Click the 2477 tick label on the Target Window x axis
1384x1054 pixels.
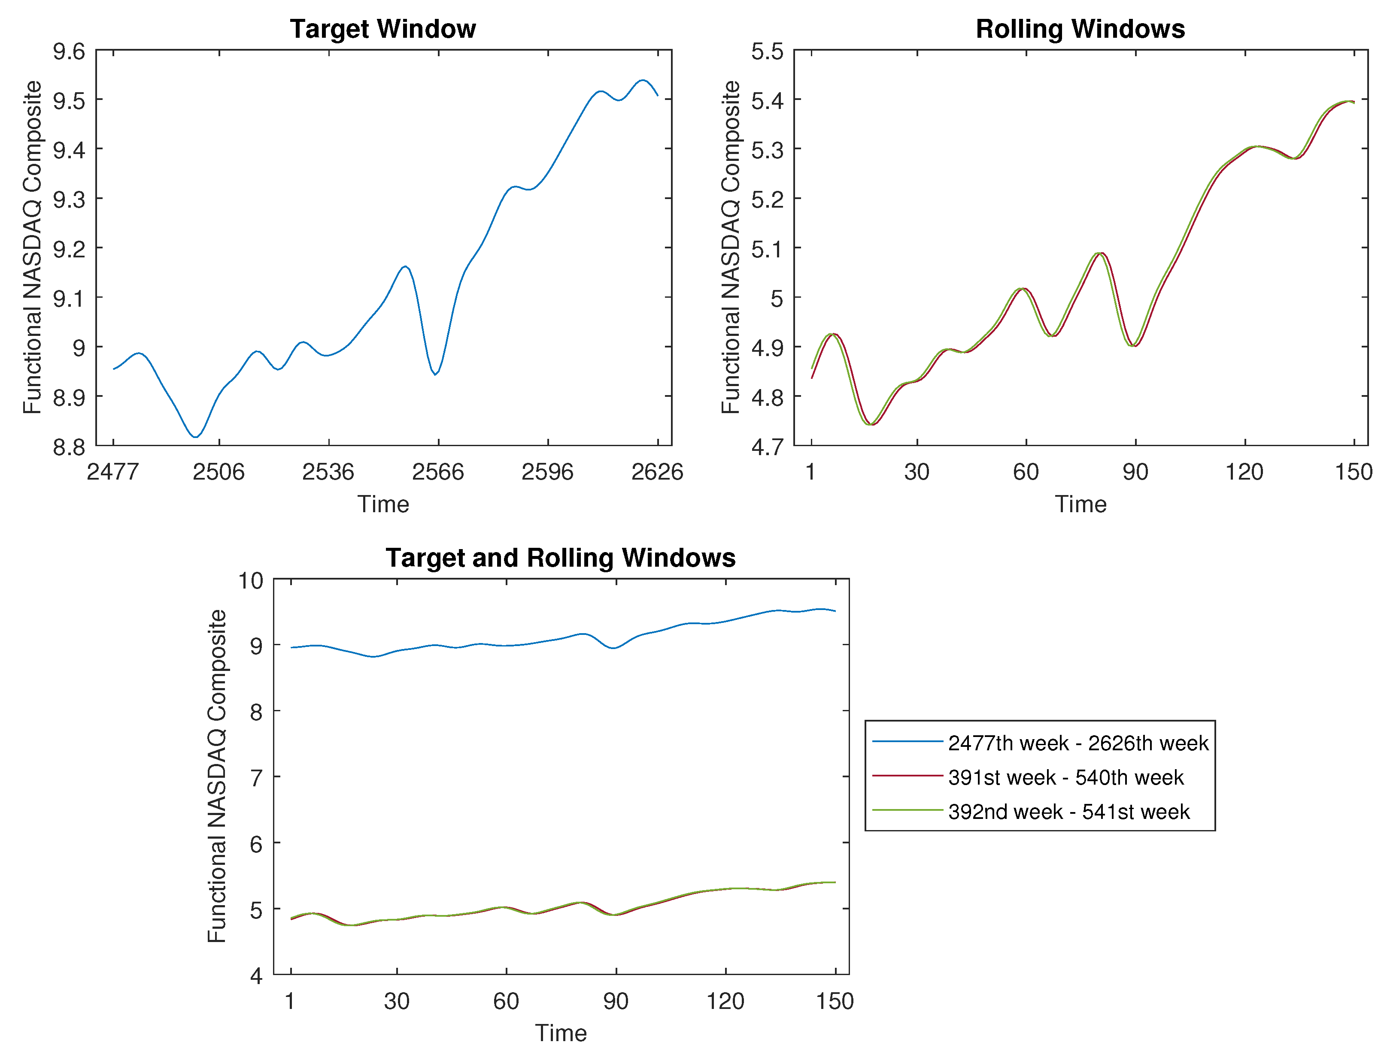pyautogui.click(x=112, y=472)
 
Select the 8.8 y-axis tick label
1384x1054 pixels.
pyautogui.click(x=69, y=447)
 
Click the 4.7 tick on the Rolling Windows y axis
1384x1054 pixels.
pyautogui.click(x=767, y=447)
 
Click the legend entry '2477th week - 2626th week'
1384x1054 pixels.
pyautogui.click(x=1077, y=743)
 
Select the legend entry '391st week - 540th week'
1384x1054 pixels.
pyautogui.click(x=1065, y=777)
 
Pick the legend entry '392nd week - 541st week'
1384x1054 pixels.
pyautogui.click(x=1068, y=812)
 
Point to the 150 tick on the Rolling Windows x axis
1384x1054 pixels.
pyautogui.click(x=1353, y=472)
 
